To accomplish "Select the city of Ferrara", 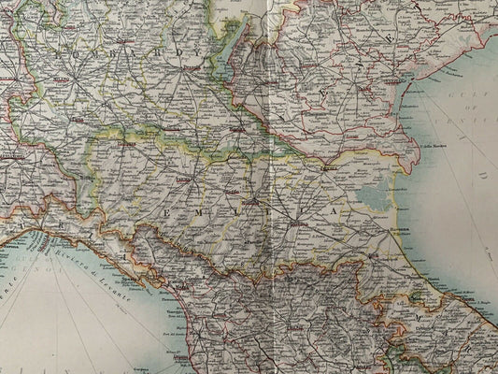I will [328, 168].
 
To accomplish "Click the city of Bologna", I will [298, 224].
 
